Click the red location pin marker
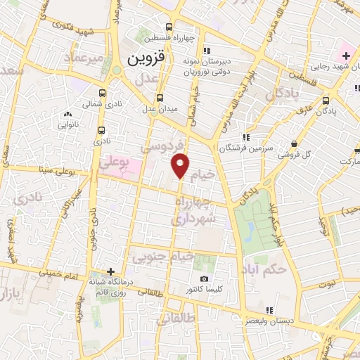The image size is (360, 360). click(181, 165)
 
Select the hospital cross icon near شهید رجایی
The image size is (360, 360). click(346, 54)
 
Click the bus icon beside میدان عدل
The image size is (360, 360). click(160, 98)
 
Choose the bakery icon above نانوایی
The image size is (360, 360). click(67, 114)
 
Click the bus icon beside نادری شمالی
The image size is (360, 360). click(103, 92)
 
